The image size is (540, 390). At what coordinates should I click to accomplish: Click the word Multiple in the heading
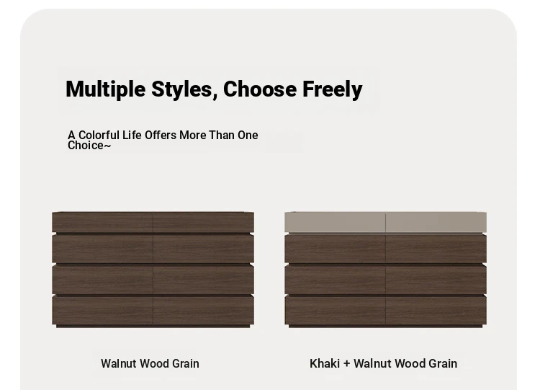(106, 89)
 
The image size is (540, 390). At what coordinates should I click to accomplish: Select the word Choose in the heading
(260, 89)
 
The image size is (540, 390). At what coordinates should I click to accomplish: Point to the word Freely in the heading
(333, 90)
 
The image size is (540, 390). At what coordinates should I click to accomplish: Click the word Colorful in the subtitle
(99, 135)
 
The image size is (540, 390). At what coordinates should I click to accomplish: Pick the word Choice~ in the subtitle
(89, 146)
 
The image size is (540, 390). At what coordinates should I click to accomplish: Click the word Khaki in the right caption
(325, 363)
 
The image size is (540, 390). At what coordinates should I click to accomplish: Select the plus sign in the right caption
(347, 364)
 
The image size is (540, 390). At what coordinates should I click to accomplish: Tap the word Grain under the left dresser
(186, 363)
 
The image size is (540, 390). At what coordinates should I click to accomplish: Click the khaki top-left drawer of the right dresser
(335, 222)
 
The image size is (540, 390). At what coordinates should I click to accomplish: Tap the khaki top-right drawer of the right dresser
(436, 222)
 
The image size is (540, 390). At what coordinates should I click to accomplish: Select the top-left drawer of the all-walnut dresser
(102, 222)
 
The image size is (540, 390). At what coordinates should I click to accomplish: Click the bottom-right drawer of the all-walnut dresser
(204, 310)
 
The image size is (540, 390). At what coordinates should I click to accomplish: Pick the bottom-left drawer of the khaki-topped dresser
(335, 310)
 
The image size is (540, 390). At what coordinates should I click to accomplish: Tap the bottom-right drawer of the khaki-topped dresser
(436, 310)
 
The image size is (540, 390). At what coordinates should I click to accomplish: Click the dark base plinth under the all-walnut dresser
(153, 326)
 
